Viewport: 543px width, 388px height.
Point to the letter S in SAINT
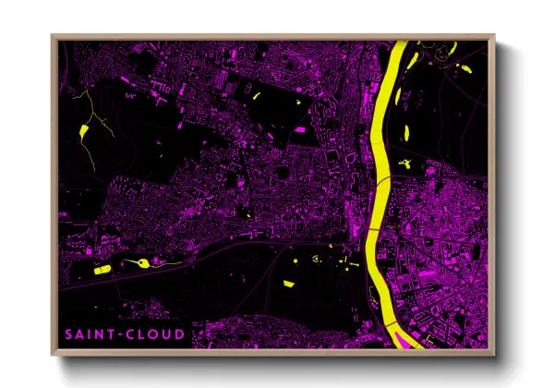point(68,333)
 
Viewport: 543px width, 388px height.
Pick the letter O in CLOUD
point(152,333)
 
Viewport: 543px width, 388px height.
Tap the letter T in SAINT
point(111,333)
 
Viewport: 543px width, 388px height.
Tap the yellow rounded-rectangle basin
point(102,270)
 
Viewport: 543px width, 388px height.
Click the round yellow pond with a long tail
point(143,262)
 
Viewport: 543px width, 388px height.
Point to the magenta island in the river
point(403,339)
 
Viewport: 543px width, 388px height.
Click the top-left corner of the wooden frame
point(53,36)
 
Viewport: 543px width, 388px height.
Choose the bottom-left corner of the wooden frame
point(53,354)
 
